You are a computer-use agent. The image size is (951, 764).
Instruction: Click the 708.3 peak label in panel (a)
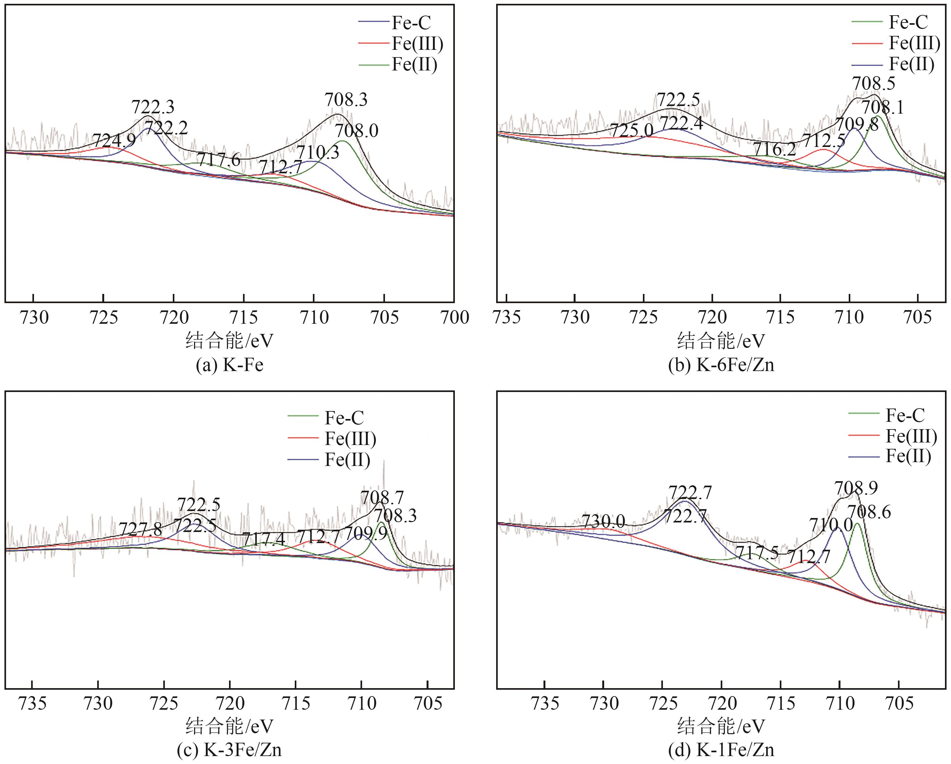pyautogui.click(x=346, y=100)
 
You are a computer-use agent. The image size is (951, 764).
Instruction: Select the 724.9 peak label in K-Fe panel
pyautogui.click(x=114, y=141)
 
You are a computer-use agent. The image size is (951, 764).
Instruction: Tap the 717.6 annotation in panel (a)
pyautogui.click(x=219, y=160)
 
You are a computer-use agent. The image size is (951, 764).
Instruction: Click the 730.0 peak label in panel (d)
pyautogui.click(x=604, y=522)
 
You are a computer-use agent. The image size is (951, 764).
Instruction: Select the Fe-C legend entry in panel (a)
pyautogui.click(x=411, y=23)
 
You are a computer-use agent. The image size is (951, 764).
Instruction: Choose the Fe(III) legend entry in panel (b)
pyautogui.click(x=914, y=43)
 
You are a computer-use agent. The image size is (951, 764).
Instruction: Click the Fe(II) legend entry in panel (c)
pyautogui.click(x=347, y=460)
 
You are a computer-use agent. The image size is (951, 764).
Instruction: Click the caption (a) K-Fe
pyautogui.click(x=229, y=365)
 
